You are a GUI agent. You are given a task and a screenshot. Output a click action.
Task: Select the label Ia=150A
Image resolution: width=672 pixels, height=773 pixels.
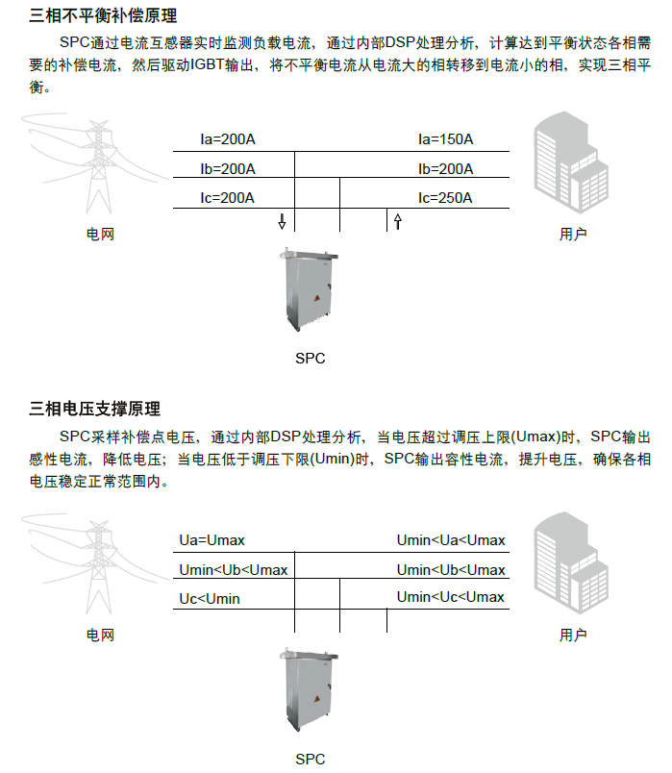(x=445, y=139)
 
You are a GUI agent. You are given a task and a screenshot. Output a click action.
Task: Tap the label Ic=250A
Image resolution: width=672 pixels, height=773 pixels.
(x=445, y=198)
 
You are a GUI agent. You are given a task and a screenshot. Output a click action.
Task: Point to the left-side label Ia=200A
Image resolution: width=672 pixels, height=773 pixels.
(x=228, y=139)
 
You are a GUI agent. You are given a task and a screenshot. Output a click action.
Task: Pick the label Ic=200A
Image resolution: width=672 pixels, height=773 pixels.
(x=228, y=198)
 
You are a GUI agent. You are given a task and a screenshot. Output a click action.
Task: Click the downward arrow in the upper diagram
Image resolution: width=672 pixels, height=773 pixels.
(x=282, y=222)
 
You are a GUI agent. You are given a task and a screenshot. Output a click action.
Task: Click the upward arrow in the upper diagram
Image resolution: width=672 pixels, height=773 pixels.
(x=397, y=222)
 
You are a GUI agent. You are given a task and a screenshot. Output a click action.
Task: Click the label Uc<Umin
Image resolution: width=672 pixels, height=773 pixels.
(x=210, y=599)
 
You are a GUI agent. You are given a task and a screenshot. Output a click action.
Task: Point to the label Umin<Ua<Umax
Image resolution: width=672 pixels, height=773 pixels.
(x=451, y=540)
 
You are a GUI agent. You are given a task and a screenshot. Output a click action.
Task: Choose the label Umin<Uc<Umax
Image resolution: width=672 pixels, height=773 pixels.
(x=451, y=597)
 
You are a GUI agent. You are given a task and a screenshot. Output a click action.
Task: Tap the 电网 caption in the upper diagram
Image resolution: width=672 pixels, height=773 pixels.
(x=100, y=234)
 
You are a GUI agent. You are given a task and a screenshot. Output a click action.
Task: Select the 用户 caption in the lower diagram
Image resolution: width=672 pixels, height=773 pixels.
(x=573, y=635)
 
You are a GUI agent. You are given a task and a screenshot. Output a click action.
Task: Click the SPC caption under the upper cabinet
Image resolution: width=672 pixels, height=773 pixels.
(x=310, y=359)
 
